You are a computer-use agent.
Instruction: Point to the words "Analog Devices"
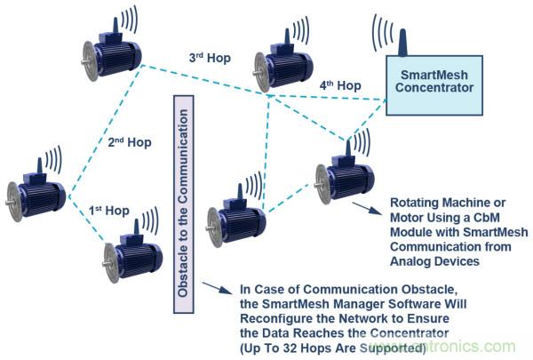point(436,262)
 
